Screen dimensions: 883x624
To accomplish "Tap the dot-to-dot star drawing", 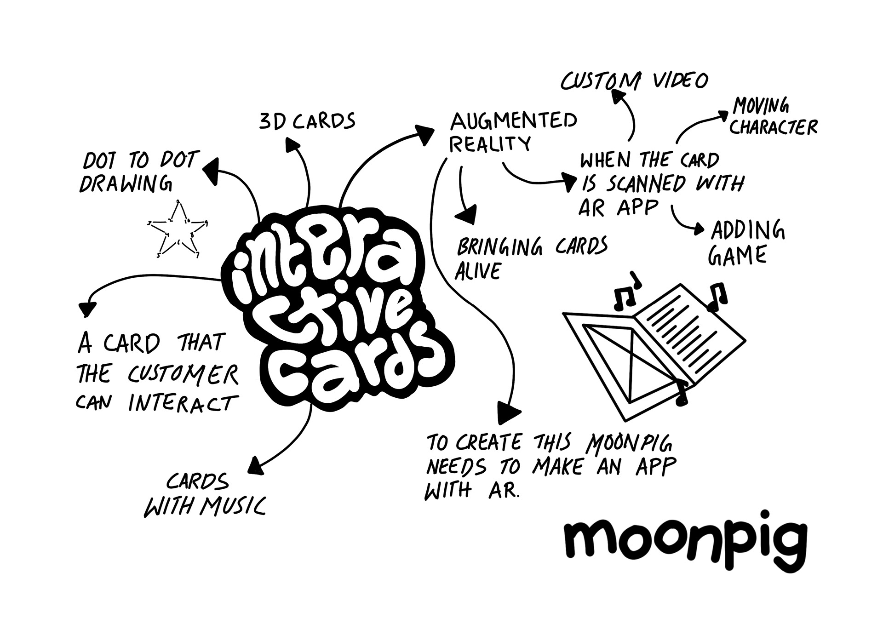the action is [177, 230].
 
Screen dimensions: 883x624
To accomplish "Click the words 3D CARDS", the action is [307, 121].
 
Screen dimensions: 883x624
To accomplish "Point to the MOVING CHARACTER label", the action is [773, 117].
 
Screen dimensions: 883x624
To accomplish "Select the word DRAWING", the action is [126, 184].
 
